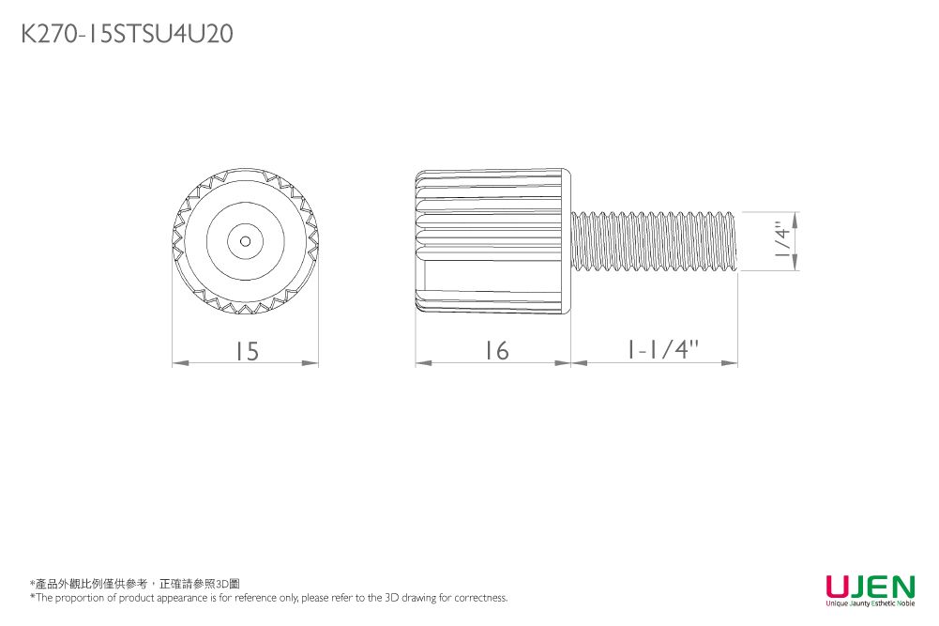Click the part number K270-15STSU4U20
coord(127,35)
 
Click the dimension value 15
coord(246,351)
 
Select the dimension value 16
coord(495,351)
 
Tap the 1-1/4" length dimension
coord(662,350)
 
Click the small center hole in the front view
coord(245,240)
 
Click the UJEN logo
coord(870,588)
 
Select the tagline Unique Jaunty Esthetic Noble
coord(870,603)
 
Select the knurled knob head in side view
coord(492,240)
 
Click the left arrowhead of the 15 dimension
coord(179,362)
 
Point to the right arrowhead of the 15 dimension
coord(311,362)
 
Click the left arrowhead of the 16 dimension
coord(423,362)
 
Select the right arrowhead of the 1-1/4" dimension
coord(731,362)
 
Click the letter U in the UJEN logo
coord(837,588)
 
